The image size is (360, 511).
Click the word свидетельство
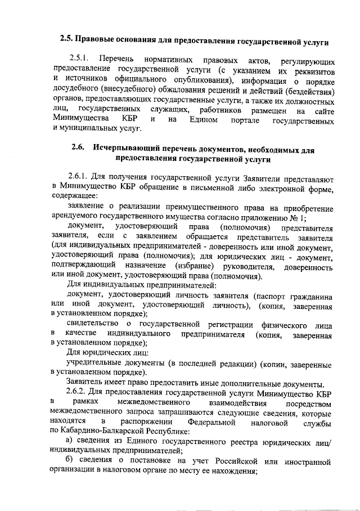93,325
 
